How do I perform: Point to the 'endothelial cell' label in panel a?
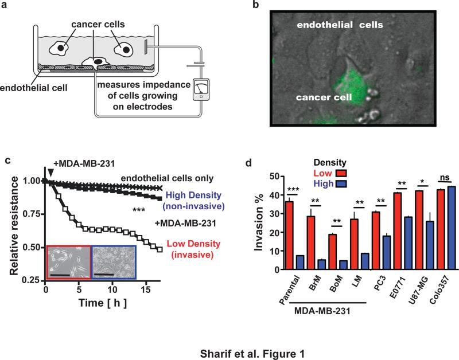pos(34,87)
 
